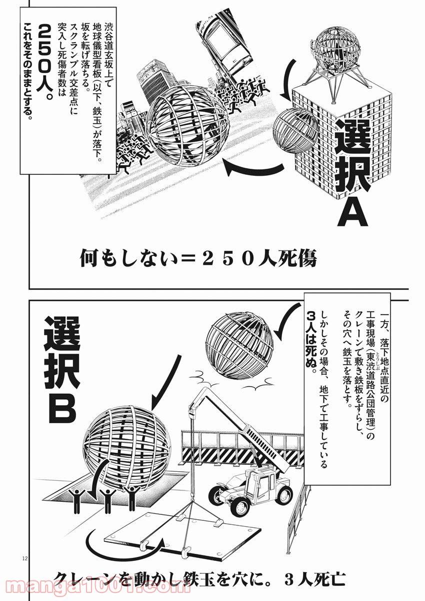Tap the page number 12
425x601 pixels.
click(x=10, y=560)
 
